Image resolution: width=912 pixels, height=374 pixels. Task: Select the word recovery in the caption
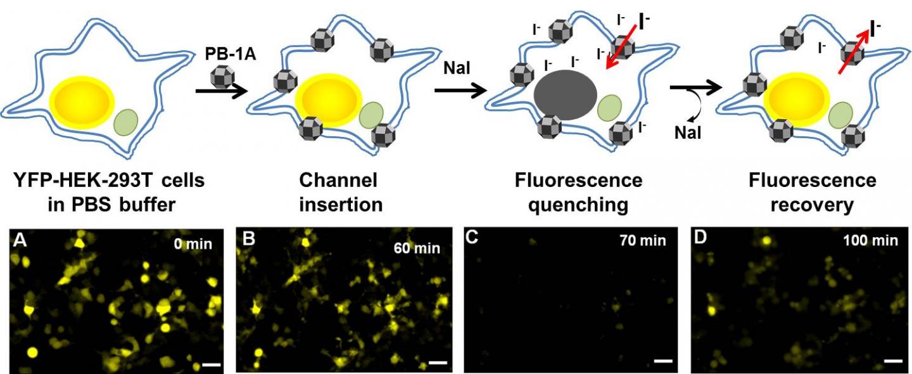click(x=813, y=205)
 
